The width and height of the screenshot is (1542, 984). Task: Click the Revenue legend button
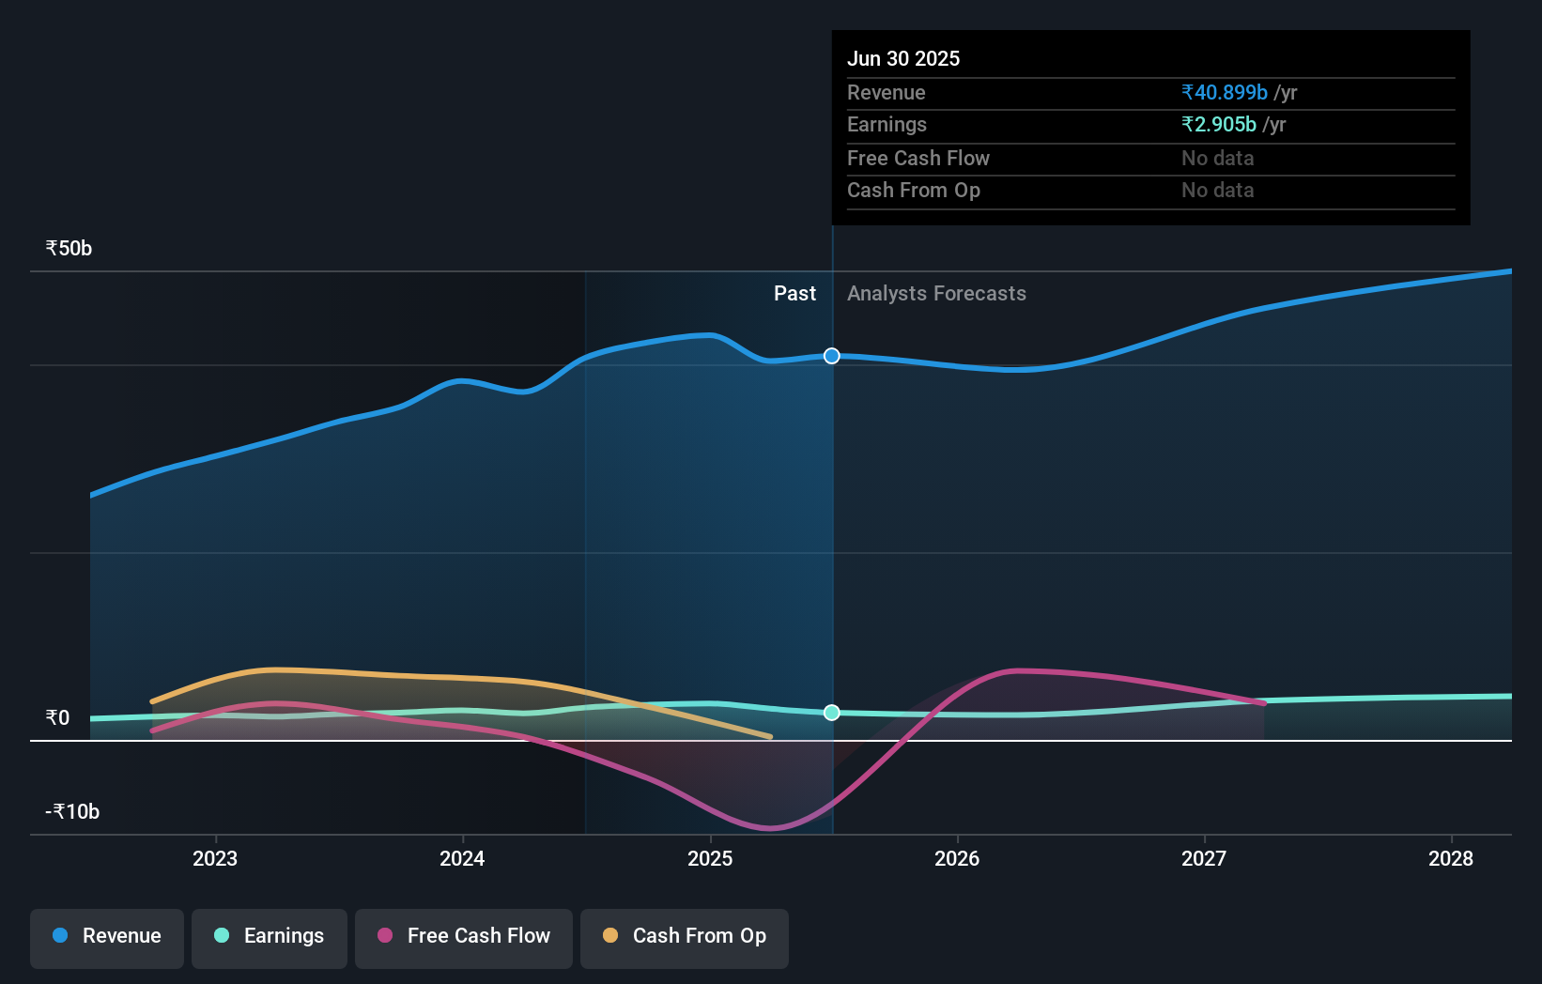click(x=107, y=936)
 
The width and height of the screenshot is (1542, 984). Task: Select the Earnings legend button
click(x=270, y=936)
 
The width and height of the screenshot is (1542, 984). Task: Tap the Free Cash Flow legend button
click(x=464, y=936)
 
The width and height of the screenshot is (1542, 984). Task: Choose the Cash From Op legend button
click(x=685, y=936)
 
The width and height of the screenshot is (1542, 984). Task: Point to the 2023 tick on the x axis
click(x=215, y=858)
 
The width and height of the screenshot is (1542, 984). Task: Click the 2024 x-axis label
click(x=462, y=858)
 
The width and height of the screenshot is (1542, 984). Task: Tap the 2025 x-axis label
click(x=710, y=858)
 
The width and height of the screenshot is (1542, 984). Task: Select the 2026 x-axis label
click(x=957, y=858)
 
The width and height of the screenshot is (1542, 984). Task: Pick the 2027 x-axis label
click(x=1204, y=858)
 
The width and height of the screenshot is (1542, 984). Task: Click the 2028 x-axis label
click(x=1451, y=858)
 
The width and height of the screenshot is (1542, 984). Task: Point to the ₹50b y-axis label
click(x=69, y=249)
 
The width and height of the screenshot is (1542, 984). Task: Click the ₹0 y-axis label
click(x=57, y=718)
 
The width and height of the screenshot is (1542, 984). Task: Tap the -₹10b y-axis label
click(x=72, y=812)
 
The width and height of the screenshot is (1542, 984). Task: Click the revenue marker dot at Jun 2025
click(x=832, y=356)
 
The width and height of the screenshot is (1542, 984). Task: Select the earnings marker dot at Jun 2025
click(x=832, y=713)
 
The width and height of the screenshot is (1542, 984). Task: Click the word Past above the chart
click(x=794, y=294)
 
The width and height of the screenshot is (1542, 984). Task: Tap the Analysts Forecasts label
click(x=936, y=294)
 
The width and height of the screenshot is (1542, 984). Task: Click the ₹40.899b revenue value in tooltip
click(x=1225, y=93)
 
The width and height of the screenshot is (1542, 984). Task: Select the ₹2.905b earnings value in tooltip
click(x=1219, y=125)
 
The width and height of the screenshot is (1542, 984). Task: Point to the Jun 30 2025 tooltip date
click(x=903, y=59)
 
